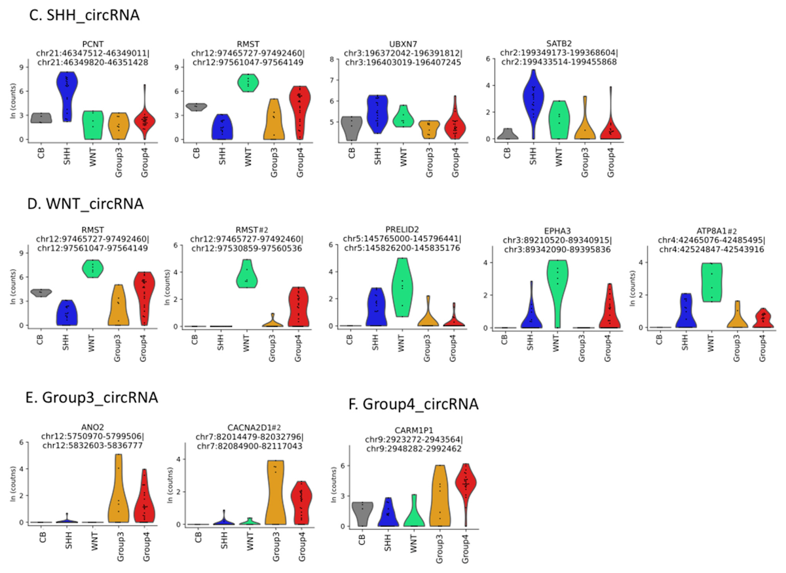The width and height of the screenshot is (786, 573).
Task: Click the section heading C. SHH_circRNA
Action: [84, 14]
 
